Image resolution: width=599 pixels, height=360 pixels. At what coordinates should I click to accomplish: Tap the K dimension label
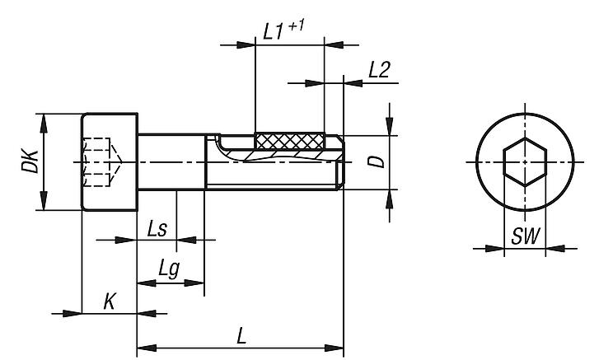(109, 302)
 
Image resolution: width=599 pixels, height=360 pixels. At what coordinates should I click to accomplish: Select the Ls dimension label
(157, 228)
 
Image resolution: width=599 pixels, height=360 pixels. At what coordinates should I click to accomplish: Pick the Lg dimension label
(168, 269)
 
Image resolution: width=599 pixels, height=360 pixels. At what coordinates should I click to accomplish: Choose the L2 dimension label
(379, 70)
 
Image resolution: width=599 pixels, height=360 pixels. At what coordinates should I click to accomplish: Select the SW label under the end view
(525, 237)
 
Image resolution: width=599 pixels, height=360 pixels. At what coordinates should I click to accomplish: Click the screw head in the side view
(110, 161)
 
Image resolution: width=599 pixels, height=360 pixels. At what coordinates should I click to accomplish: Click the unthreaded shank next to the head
(170, 161)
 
